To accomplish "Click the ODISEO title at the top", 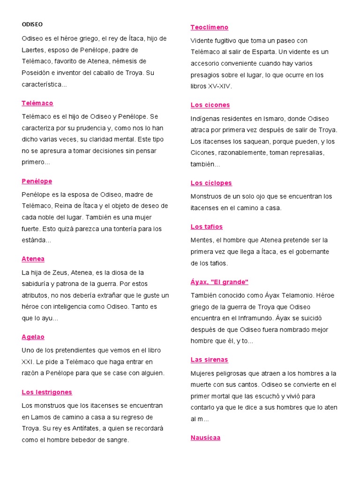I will click(32, 24).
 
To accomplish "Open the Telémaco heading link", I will click(37, 103).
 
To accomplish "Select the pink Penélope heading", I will click(37, 181).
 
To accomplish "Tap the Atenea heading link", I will click(33, 259).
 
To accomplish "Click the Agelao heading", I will click(33, 337).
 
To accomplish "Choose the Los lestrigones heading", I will click(47, 392).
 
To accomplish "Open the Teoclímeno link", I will click(210, 27).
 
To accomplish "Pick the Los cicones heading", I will click(210, 105).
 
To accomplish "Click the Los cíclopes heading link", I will click(211, 183).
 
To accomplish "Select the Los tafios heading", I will click(207, 227).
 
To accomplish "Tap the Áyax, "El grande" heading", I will click(219, 282).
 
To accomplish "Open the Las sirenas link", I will click(209, 360).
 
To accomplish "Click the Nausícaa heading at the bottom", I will click(205, 438).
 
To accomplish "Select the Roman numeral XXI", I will click(29, 362).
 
